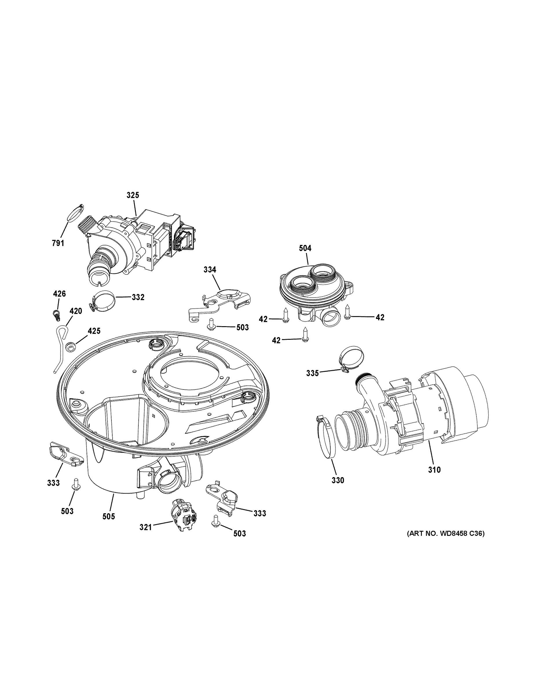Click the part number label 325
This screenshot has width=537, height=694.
point(133,195)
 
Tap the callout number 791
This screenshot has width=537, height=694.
point(58,243)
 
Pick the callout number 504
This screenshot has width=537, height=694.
point(305,248)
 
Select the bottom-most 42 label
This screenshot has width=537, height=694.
point(276,340)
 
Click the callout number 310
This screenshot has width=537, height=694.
point(434,469)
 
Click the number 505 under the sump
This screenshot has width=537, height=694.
point(109,517)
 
